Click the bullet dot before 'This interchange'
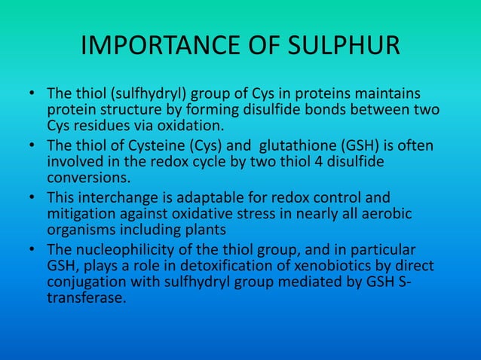[x=33, y=197]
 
